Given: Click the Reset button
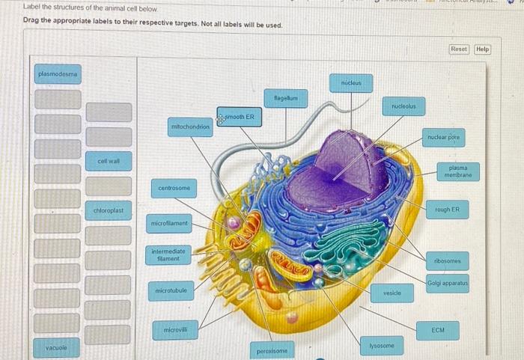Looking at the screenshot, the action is pos(458,49).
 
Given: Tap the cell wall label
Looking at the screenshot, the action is pos(109,160).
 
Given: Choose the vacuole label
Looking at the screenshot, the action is pos(57,347).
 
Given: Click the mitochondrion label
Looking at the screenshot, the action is pos(191,126).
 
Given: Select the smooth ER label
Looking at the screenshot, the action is pos(240,117).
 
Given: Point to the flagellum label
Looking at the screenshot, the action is pos(285,97).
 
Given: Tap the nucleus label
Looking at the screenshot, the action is pos(350,82).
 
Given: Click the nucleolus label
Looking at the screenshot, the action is pos(404,107).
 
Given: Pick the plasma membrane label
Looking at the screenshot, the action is pos(453,171).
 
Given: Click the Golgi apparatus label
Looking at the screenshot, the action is pos(448,284).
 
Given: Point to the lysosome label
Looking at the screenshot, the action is pos(382,345).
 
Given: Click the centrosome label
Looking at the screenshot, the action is pos(174,187).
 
